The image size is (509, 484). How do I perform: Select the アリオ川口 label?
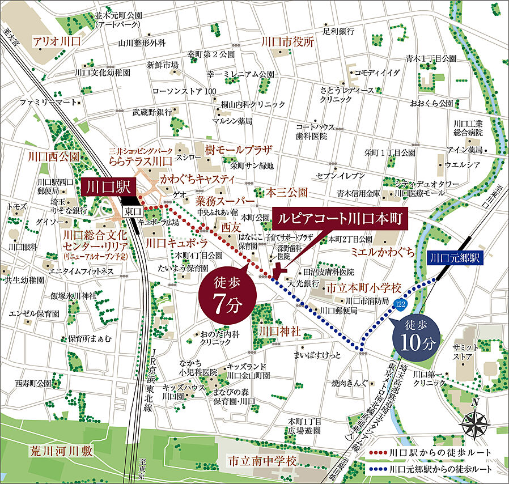click(x=57, y=42)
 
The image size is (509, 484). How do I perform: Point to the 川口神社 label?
click(x=278, y=330)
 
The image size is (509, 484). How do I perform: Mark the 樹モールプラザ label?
click(x=239, y=151)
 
